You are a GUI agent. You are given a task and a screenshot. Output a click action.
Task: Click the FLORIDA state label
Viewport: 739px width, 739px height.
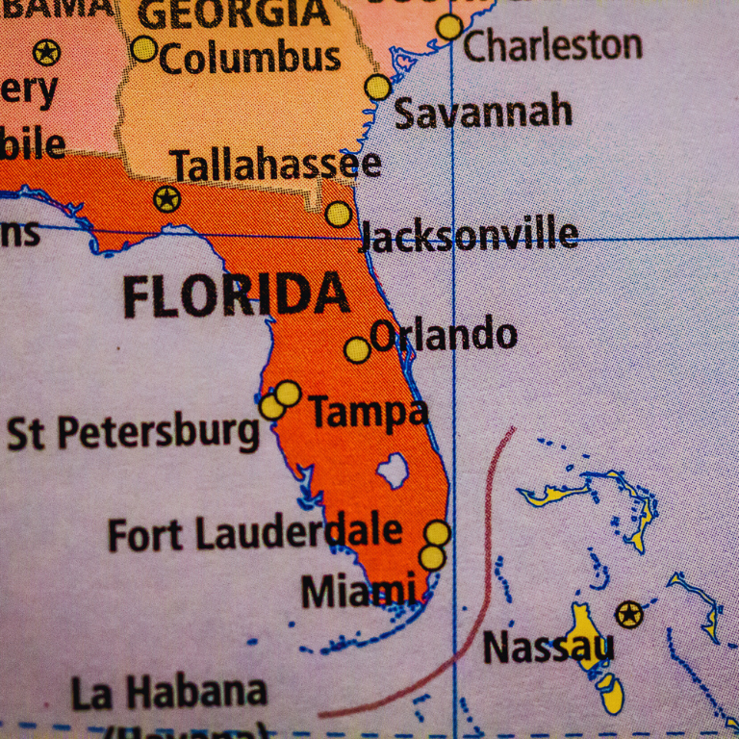click(236, 295)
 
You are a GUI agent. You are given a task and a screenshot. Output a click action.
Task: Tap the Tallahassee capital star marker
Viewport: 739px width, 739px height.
click(167, 199)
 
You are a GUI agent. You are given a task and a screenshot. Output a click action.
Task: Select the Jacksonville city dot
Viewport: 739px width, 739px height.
click(338, 214)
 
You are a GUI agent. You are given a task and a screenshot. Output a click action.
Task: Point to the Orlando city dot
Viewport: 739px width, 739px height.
click(357, 349)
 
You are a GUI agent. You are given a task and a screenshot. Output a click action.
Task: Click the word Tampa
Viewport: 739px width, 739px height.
click(368, 413)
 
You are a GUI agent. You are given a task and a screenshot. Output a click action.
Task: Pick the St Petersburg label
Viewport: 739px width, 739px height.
click(134, 432)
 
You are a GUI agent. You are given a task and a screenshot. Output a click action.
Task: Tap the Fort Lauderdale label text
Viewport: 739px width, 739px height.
click(254, 532)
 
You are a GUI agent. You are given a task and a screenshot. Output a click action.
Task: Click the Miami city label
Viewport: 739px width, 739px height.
click(359, 590)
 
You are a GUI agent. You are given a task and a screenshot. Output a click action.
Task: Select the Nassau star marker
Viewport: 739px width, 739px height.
click(628, 614)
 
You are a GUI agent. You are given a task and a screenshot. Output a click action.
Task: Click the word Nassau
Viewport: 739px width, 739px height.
click(547, 647)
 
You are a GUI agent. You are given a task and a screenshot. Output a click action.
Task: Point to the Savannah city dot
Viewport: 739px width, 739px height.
click(378, 88)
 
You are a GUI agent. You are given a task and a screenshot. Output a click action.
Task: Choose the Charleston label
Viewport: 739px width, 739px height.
click(552, 44)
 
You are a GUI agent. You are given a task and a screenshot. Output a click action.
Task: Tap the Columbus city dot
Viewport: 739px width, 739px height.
click(143, 48)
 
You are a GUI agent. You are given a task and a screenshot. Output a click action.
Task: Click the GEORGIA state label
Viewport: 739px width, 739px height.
click(234, 13)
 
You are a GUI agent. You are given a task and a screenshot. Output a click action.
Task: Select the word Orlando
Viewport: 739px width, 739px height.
click(444, 335)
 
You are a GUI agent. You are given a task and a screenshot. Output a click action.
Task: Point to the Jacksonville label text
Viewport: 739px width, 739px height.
click(469, 235)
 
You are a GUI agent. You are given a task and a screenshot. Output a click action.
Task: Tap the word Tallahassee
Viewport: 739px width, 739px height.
click(276, 165)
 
